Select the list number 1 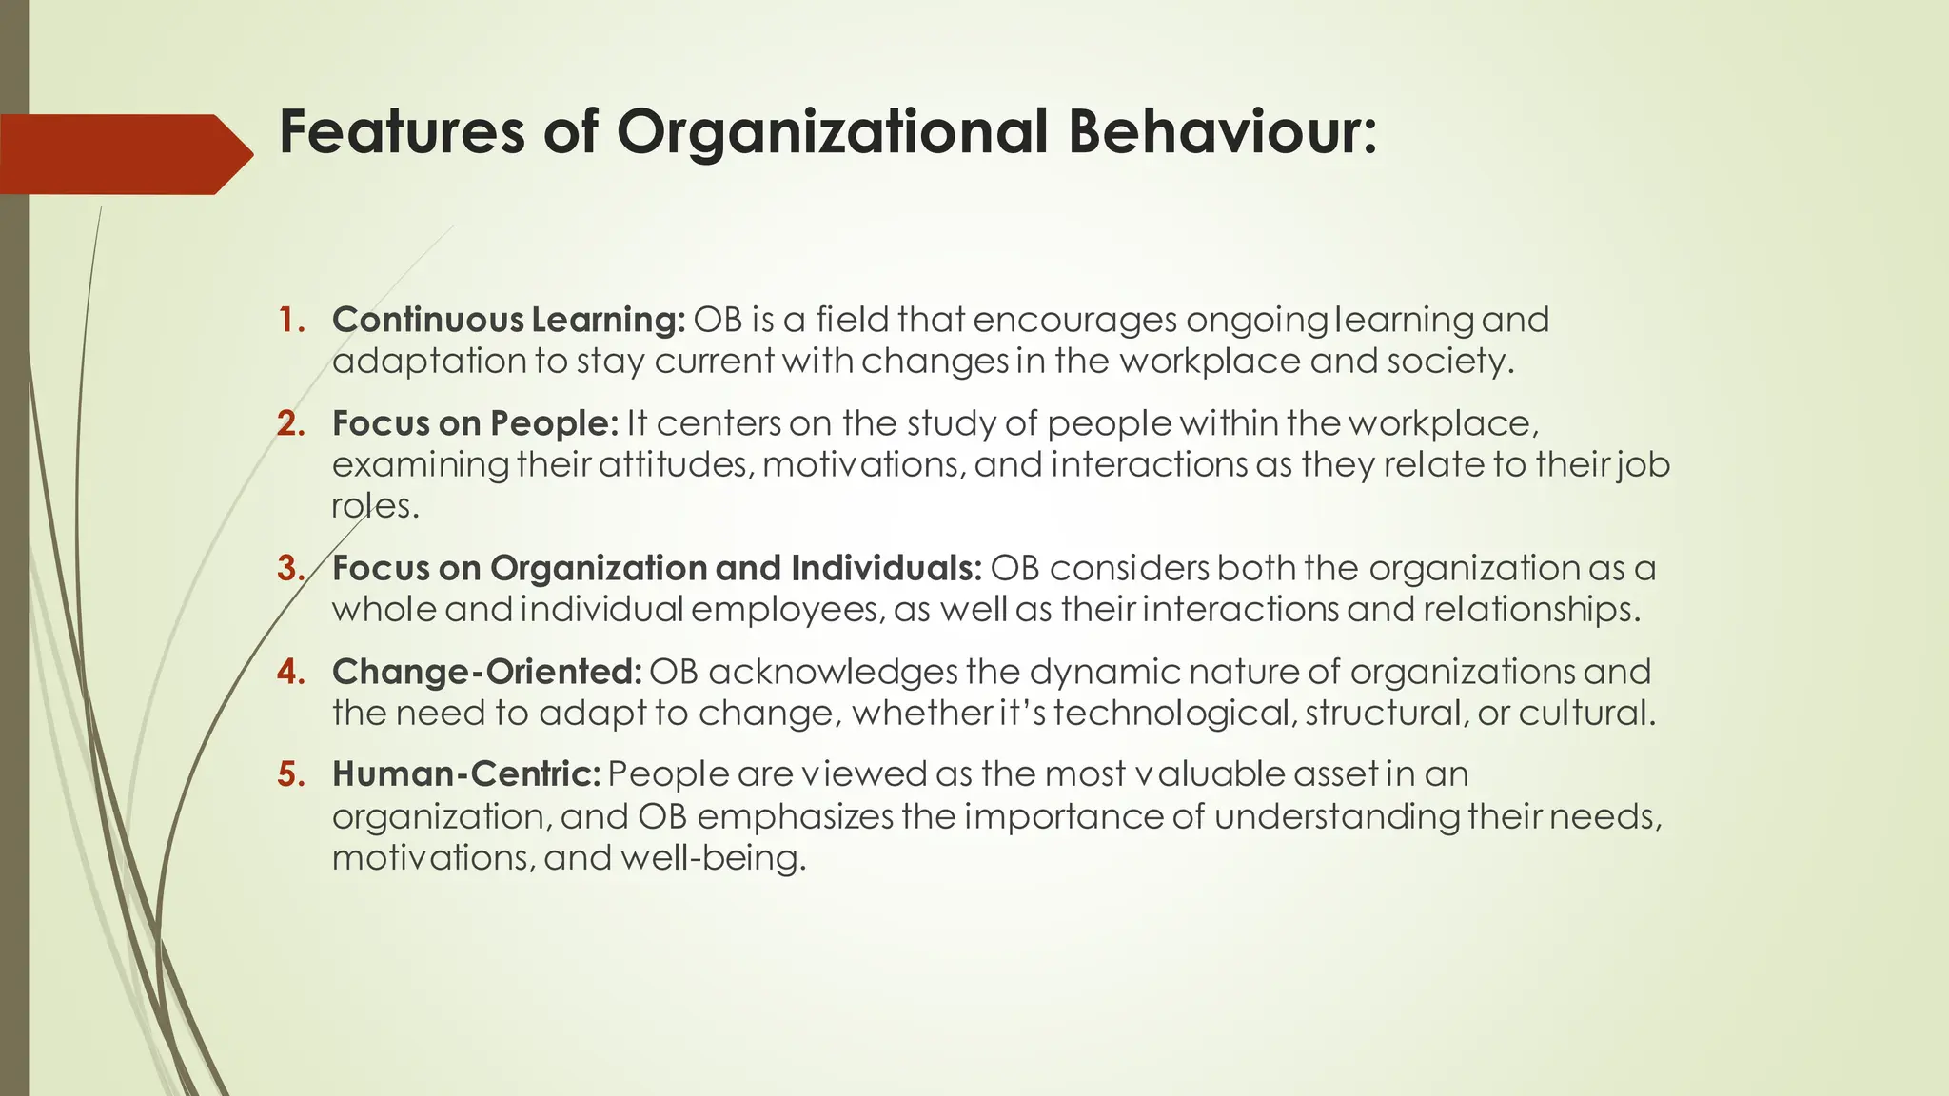click(290, 320)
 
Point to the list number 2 click(290, 423)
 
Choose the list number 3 click(290, 568)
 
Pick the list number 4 click(290, 672)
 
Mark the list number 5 click(290, 774)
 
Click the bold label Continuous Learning click(508, 320)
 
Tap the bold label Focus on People click(475, 423)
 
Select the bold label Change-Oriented click(486, 672)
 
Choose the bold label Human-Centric click(465, 774)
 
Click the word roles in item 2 click(374, 506)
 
